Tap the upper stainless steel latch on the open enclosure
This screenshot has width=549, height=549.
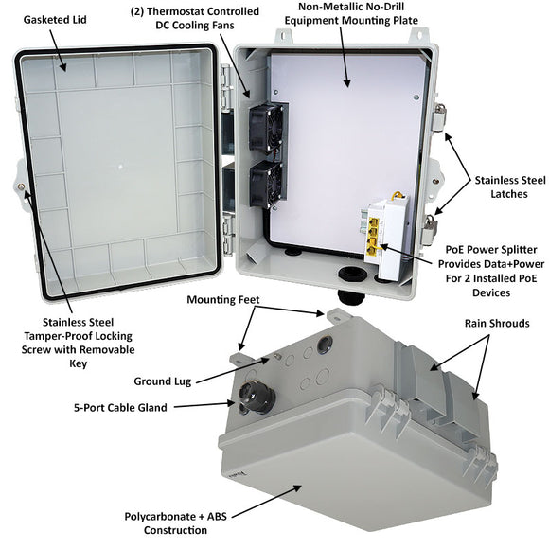(x=437, y=119)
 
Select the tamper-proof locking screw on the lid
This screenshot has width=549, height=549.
(x=21, y=186)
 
